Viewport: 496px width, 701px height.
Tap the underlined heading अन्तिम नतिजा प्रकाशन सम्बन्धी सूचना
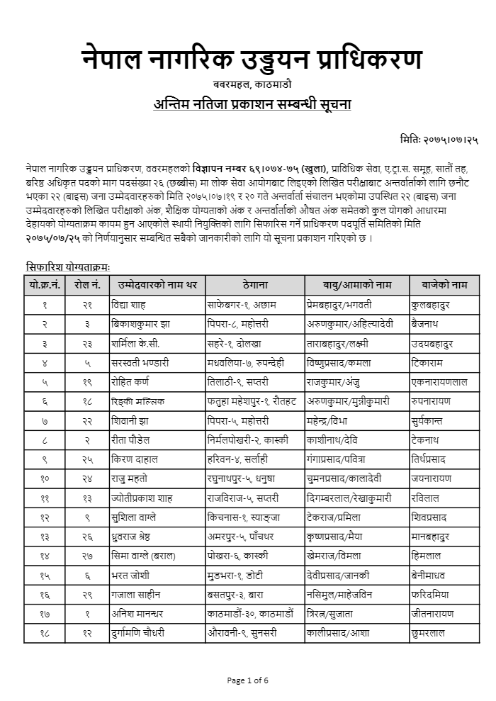pos(252,104)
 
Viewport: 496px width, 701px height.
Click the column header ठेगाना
pos(254,285)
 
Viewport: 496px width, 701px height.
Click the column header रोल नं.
pos(87,285)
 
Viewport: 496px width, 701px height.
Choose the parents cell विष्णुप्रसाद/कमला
pos(345,362)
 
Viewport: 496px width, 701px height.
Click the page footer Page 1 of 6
pos(248,681)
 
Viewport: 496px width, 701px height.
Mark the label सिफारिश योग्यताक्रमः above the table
pos(68,267)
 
